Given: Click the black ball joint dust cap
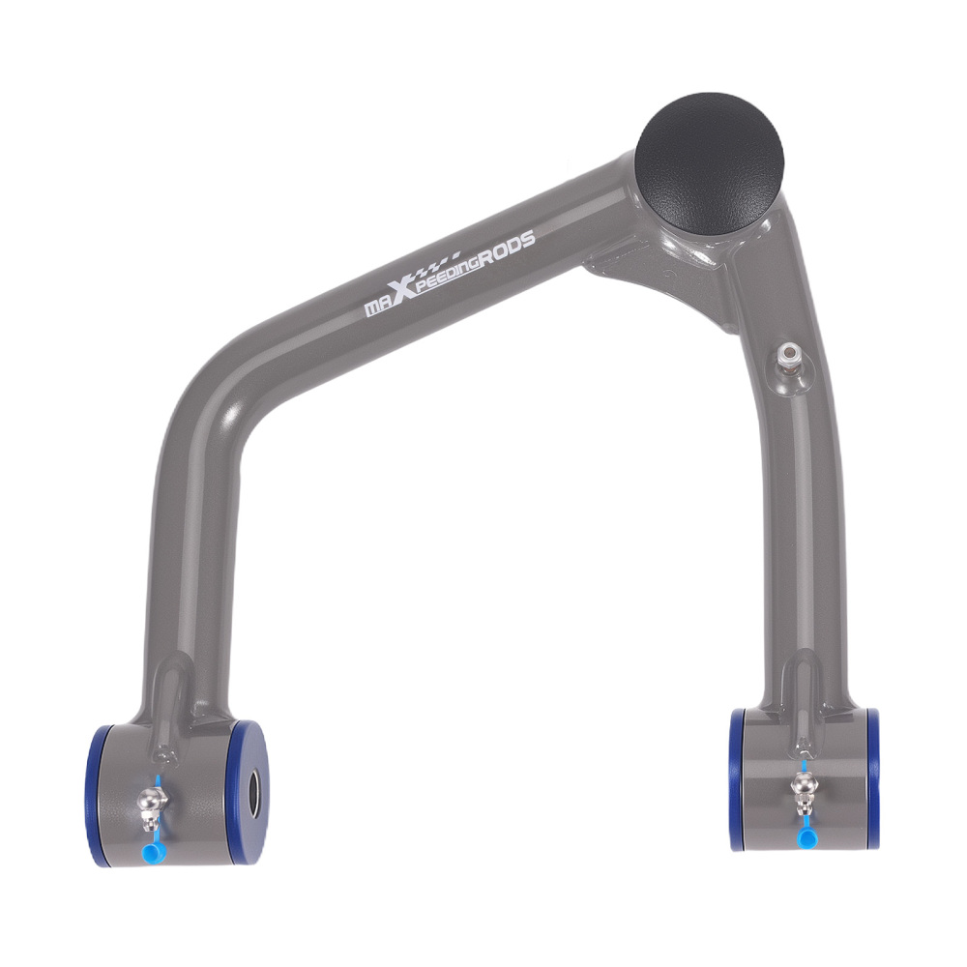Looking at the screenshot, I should point(709,161).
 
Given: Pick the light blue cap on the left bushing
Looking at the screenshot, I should point(151,851).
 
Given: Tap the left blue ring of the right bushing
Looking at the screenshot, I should point(738,778).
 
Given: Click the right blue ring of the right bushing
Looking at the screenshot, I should point(872,778).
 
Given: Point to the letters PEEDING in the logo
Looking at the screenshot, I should point(447,274).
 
